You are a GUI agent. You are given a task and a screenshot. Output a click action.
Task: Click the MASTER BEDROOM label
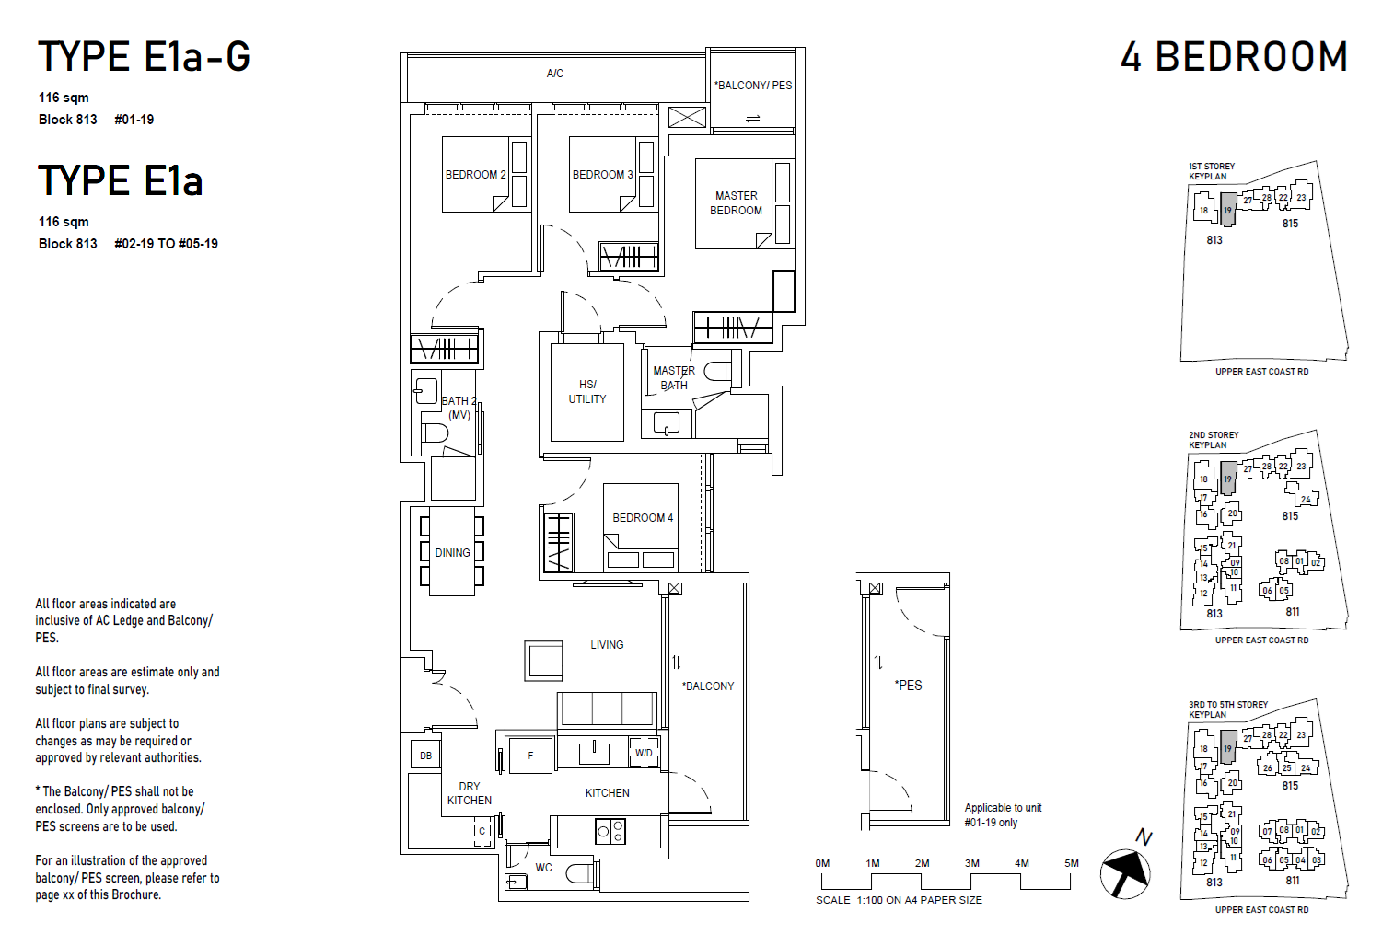coord(736,203)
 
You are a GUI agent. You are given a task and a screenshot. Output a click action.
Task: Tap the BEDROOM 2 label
coord(475,175)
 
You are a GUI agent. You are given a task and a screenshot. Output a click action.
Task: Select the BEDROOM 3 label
coord(602,175)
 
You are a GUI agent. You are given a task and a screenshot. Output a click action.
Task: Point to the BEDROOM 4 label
coord(643,518)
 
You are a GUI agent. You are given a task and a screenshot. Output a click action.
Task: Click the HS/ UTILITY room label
coord(587,392)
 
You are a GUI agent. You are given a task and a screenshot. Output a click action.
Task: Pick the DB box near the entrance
coord(425,756)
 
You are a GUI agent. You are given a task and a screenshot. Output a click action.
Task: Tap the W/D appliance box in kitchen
coord(644,753)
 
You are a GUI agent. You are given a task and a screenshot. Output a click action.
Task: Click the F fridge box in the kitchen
coord(530,756)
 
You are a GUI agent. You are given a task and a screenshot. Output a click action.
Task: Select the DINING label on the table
coord(452,553)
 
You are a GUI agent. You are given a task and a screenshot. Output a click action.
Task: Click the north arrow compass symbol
coord(1125,872)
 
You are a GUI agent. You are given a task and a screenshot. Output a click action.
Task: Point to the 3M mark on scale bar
coord(971,864)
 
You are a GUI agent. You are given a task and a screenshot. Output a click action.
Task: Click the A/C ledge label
coord(554,74)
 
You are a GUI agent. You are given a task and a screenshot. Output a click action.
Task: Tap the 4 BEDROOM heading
coord(1234,57)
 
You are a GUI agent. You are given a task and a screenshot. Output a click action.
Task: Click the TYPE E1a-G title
coord(144,57)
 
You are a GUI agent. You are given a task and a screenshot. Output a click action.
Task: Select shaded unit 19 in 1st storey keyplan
coord(1227,210)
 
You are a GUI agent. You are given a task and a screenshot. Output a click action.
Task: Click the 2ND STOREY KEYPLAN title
coord(1214,440)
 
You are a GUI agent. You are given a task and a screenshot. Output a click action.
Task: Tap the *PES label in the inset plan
coord(908,686)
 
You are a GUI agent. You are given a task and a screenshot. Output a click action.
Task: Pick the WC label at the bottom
coord(543,868)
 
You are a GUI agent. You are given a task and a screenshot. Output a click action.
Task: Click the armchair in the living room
coord(543,661)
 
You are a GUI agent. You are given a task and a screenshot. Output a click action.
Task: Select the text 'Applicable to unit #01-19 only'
coord(1003,815)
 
